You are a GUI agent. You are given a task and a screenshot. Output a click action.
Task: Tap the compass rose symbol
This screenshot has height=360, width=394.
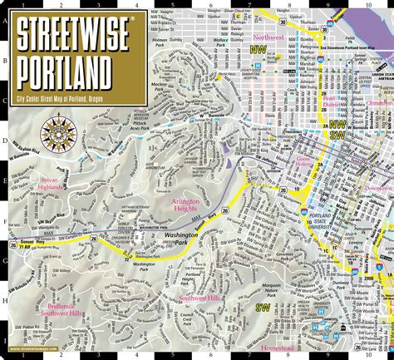(59, 132)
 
